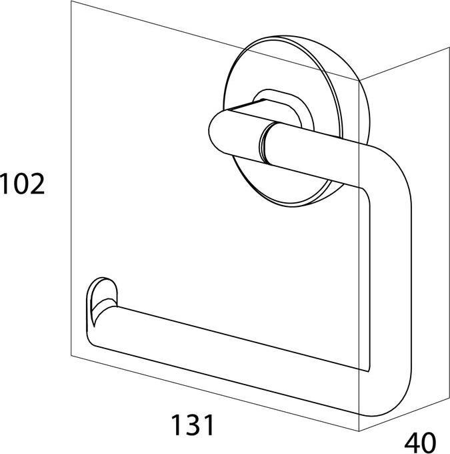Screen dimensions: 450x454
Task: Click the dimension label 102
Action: click(22, 184)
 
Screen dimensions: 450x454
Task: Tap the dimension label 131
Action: click(192, 425)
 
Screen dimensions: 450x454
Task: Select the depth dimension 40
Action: click(420, 443)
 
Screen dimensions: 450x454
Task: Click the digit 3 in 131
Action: click(192, 425)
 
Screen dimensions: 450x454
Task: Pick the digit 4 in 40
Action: click(412, 443)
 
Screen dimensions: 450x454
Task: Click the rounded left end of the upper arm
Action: click(217, 131)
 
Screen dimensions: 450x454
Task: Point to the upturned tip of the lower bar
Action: click(102, 301)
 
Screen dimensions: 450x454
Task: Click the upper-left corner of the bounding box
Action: click(71, 1)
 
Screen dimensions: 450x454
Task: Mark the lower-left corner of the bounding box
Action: click(71, 356)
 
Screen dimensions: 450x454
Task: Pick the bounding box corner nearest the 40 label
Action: click(359, 431)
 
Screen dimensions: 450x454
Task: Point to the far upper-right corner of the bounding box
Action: click(449, 47)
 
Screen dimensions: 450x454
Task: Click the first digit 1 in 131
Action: click(177, 425)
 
